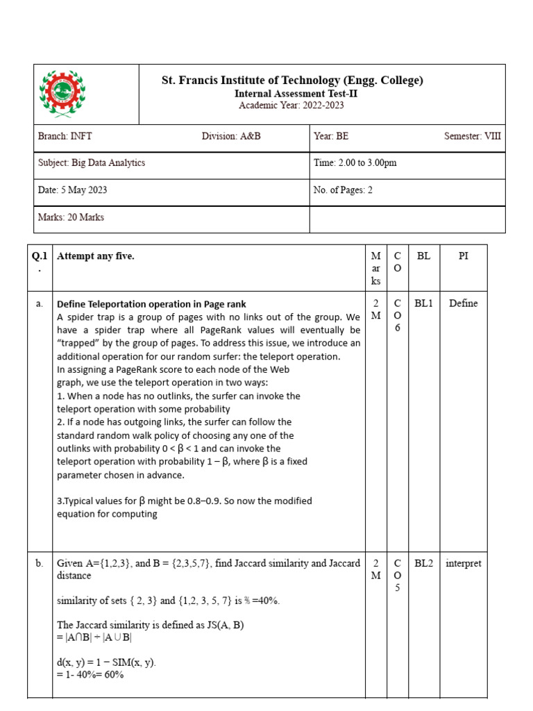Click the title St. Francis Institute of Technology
click(x=292, y=81)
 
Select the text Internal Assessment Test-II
click(x=289, y=94)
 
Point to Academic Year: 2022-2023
click(x=291, y=106)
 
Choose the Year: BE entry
click(x=331, y=136)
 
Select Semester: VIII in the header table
click(x=472, y=136)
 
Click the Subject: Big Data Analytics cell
click(x=92, y=163)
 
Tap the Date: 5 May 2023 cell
click(x=72, y=190)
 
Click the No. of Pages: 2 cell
click(x=343, y=190)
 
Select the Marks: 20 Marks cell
click(x=71, y=217)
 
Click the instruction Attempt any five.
click(x=96, y=256)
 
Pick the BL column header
click(x=423, y=256)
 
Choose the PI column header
click(x=463, y=256)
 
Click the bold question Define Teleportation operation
click(x=151, y=304)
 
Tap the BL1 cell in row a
click(x=423, y=303)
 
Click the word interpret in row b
click(x=463, y=564)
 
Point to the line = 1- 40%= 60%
click(x=90, y=674)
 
